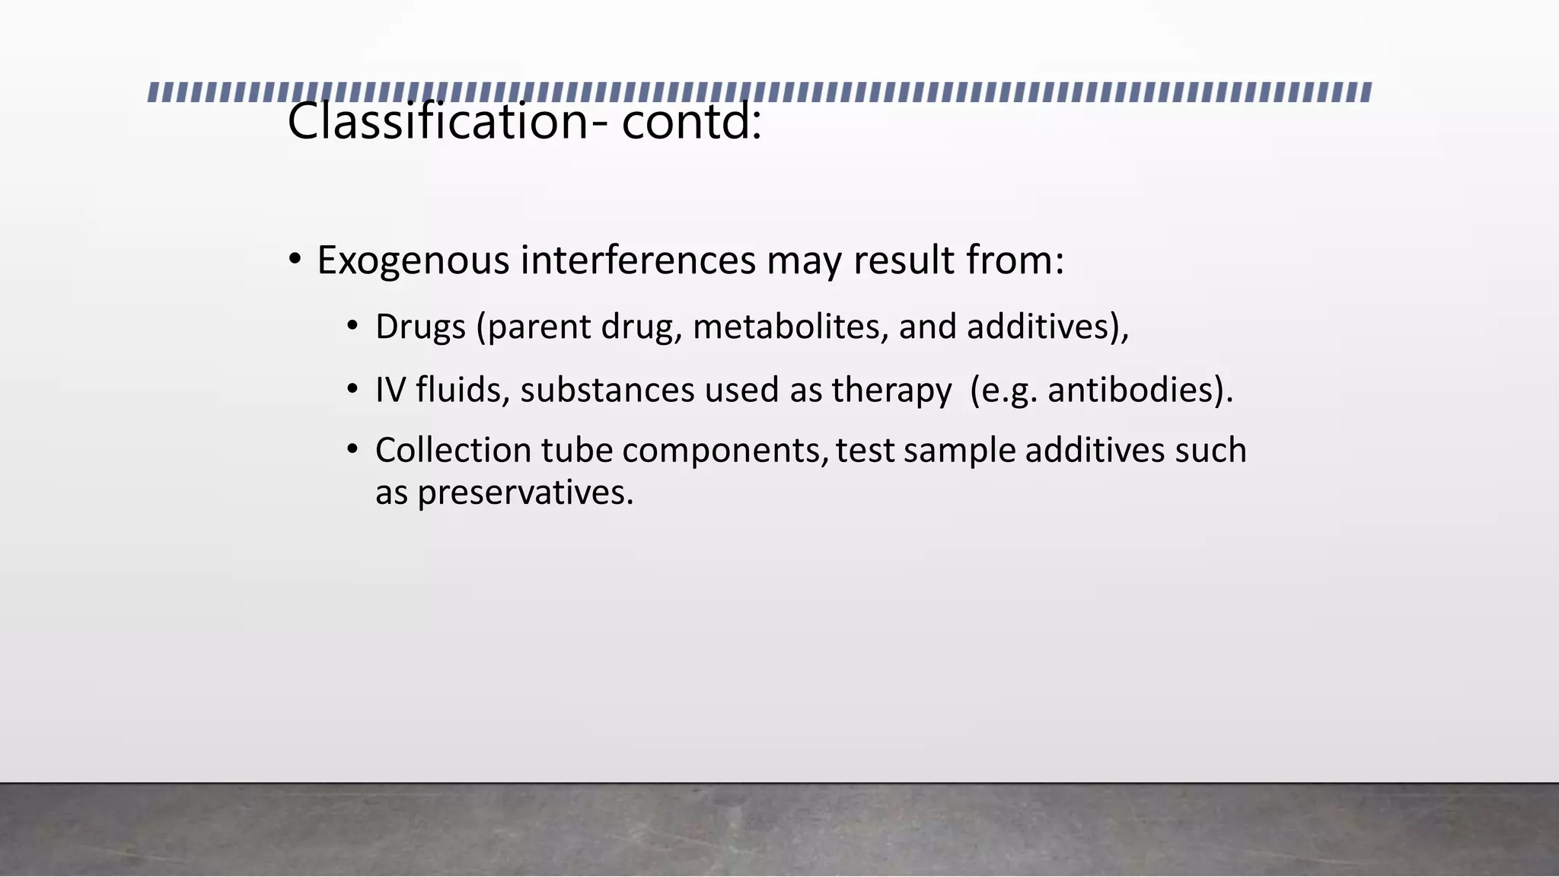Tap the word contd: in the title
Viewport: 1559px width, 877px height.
691,122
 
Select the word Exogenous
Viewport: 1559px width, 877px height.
413,261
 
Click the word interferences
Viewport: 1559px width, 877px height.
638,261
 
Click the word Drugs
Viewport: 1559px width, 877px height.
420,327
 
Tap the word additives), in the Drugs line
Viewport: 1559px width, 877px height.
1047,327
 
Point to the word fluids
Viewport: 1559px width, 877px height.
462,391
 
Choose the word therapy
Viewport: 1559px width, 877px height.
891,391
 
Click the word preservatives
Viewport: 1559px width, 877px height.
524,493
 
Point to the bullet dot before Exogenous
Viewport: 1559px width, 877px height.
295,260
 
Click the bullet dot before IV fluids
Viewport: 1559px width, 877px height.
352,390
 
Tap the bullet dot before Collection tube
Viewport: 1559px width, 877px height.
352,449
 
